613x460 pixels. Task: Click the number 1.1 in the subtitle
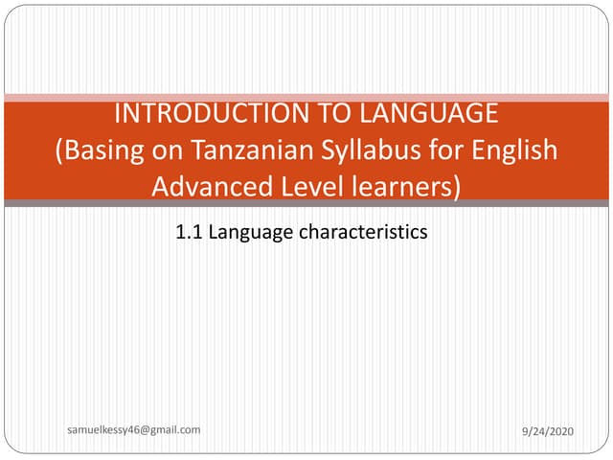[190, 231]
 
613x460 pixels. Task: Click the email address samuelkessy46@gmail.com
[134, 430]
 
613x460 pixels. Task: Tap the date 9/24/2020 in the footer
[548, 433]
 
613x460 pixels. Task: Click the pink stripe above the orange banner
[306, 97]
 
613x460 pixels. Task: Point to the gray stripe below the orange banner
[306, 203]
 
